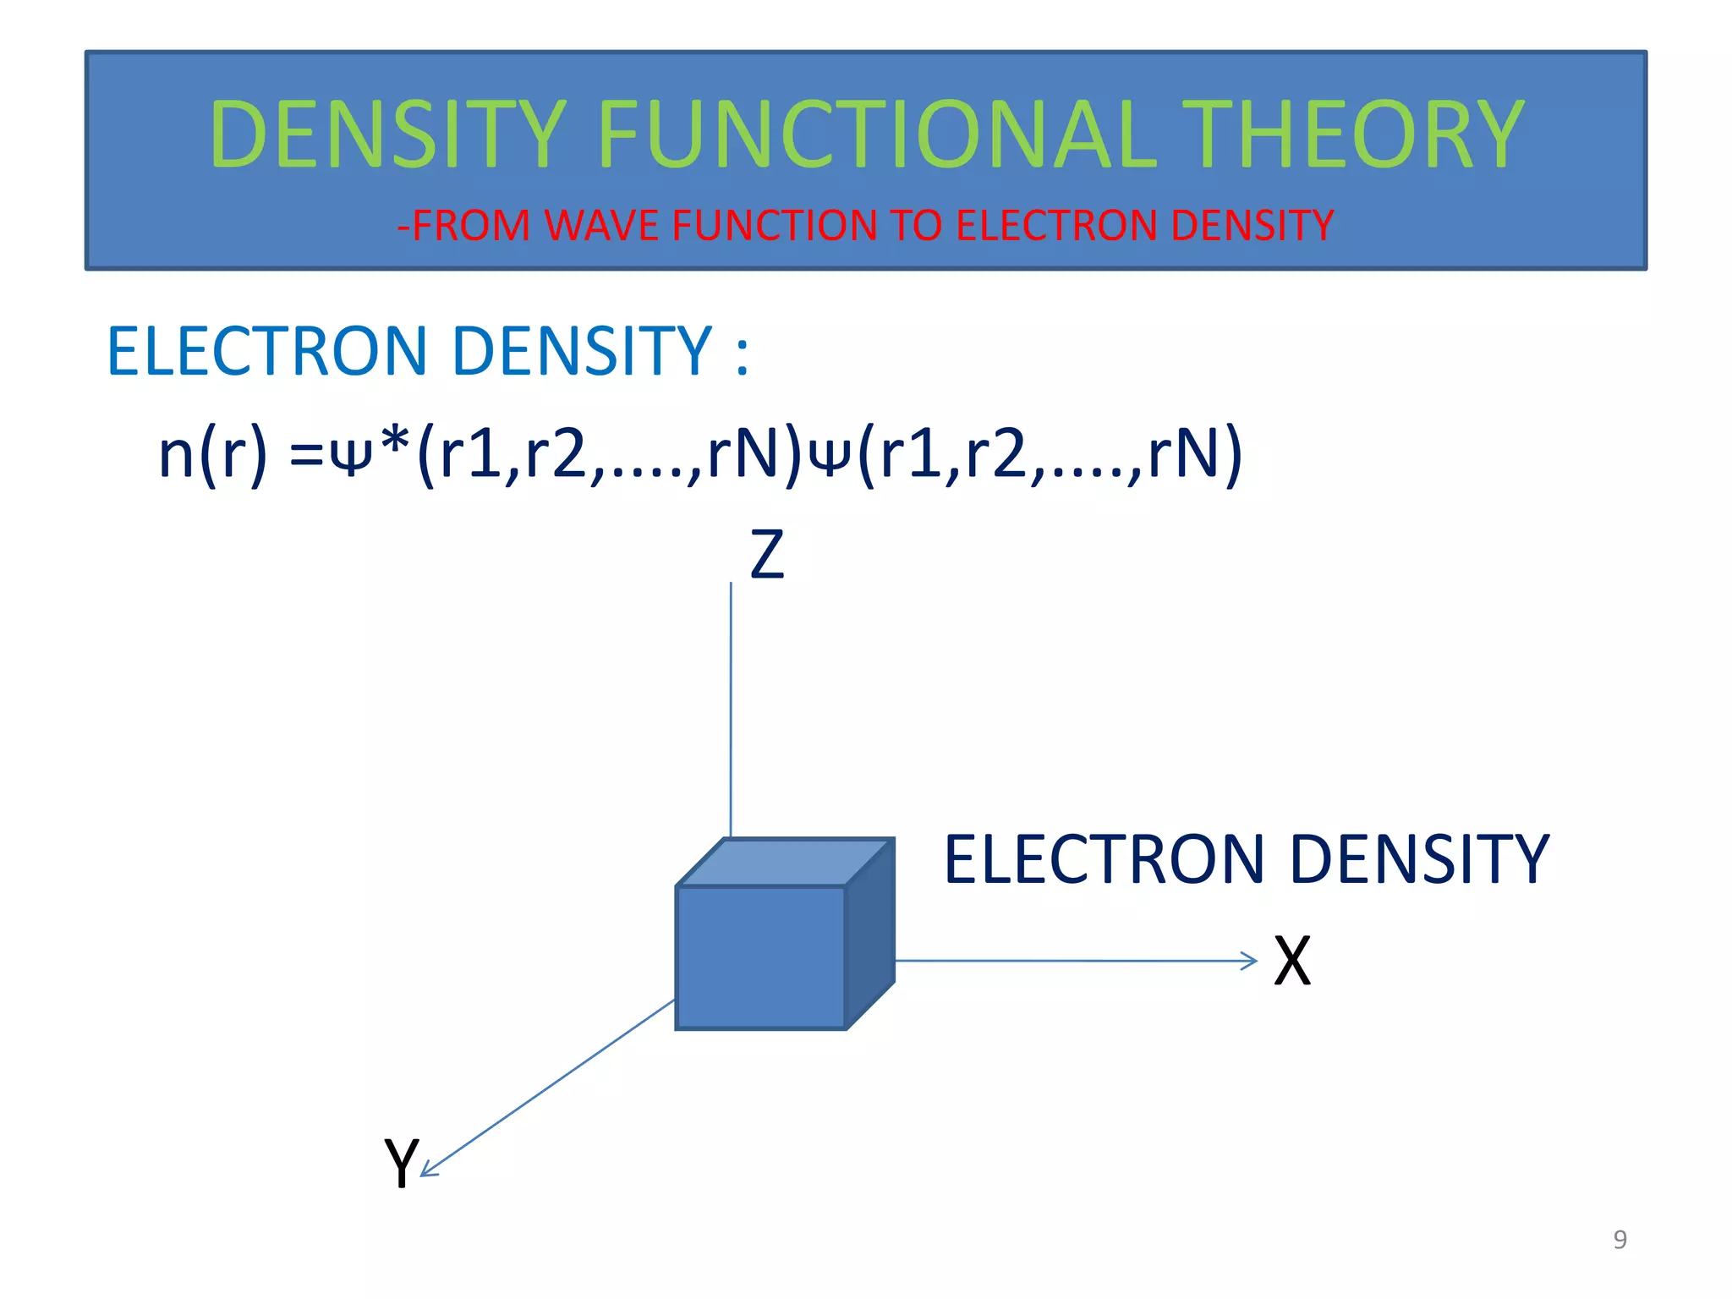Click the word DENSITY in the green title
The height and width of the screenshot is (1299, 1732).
[x=387, y=135]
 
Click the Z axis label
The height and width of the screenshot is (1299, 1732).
[x=767, y=555]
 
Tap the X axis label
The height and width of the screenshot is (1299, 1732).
[x=1291, y=962]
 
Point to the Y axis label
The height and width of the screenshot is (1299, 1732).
[x=400, y=1164]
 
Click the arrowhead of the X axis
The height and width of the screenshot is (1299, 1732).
[x=1250, y=961]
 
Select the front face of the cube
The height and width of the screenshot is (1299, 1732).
[x=760, y=957]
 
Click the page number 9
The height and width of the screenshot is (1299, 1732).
[x=1620, y=1239]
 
